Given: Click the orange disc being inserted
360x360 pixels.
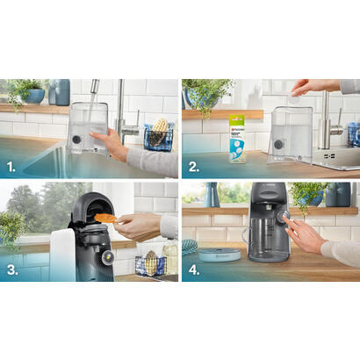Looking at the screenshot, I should pos(105,218).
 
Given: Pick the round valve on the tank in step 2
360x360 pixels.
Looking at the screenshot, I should pos(277,144).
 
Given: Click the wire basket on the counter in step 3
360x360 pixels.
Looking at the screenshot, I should pos(150,264).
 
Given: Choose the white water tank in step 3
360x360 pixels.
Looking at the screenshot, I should pos(61,255).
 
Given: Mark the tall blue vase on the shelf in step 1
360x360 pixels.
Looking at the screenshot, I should pos(62,91).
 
